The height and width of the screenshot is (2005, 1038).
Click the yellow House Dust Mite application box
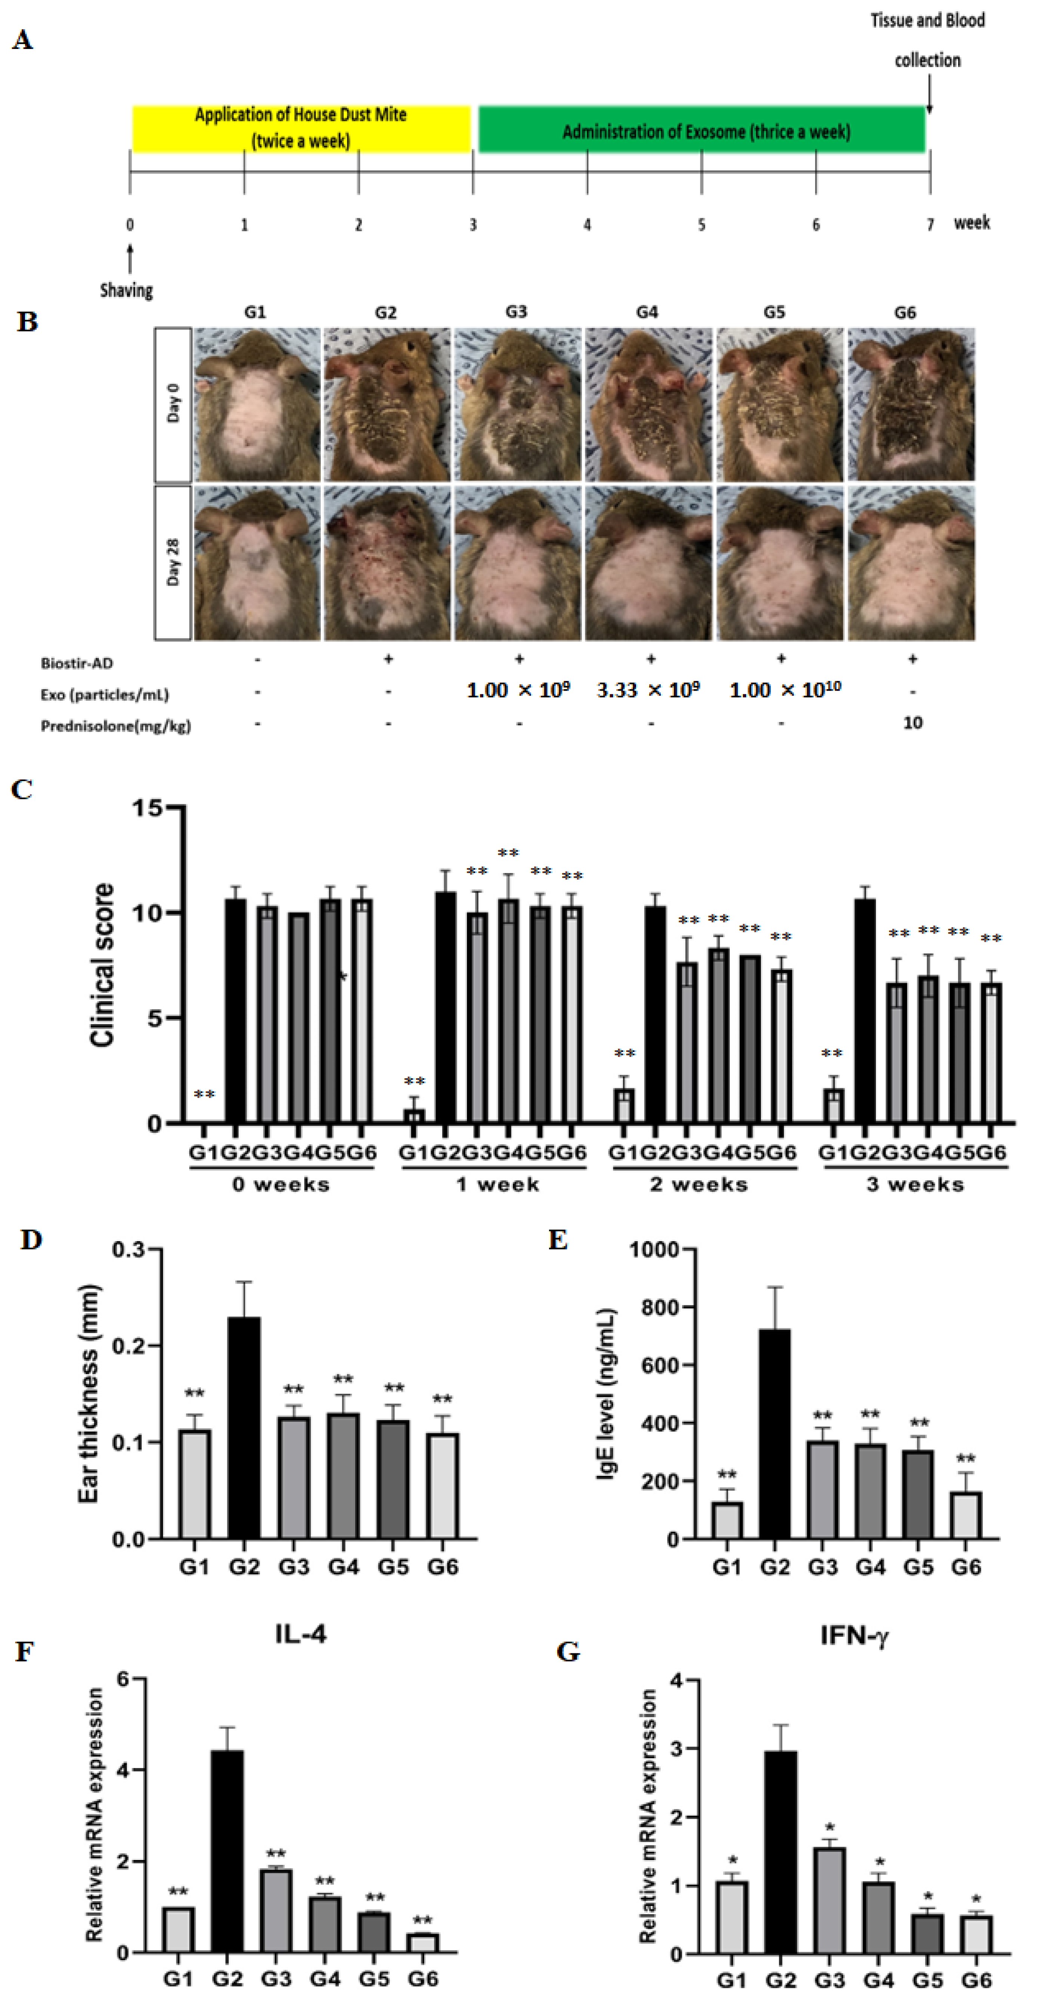[301, 129]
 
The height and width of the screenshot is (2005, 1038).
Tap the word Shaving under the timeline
[126, 290]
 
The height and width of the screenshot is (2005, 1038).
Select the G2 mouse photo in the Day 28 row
[387, 563]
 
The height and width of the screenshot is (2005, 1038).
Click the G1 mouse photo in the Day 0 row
[257, 405]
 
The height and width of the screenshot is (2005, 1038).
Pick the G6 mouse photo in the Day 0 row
[910, 405]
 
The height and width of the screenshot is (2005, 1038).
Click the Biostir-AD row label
[76, 663]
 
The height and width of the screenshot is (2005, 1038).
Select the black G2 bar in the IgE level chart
[774, 1433]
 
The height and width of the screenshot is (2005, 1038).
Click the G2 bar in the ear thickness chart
[244, 1428]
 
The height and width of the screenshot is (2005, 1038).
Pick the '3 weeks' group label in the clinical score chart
[915, 1185]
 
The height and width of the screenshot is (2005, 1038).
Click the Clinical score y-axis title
[102, 965]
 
